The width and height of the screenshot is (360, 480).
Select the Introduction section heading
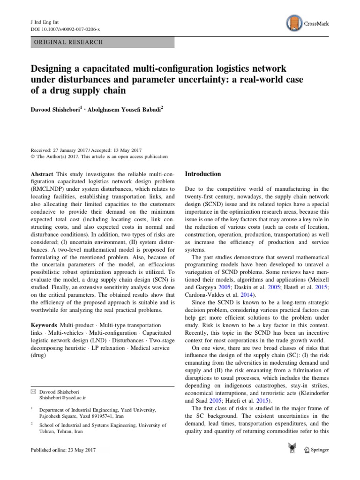tap(202, 174)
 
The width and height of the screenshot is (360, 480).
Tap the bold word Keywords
tap(45, 325)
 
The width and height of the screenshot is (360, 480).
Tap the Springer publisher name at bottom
tap(319, 450)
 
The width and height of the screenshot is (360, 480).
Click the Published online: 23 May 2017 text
tap(64, 450)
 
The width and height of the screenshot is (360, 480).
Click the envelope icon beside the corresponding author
tap(33, 390)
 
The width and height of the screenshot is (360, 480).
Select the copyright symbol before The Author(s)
tap(32, 157)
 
